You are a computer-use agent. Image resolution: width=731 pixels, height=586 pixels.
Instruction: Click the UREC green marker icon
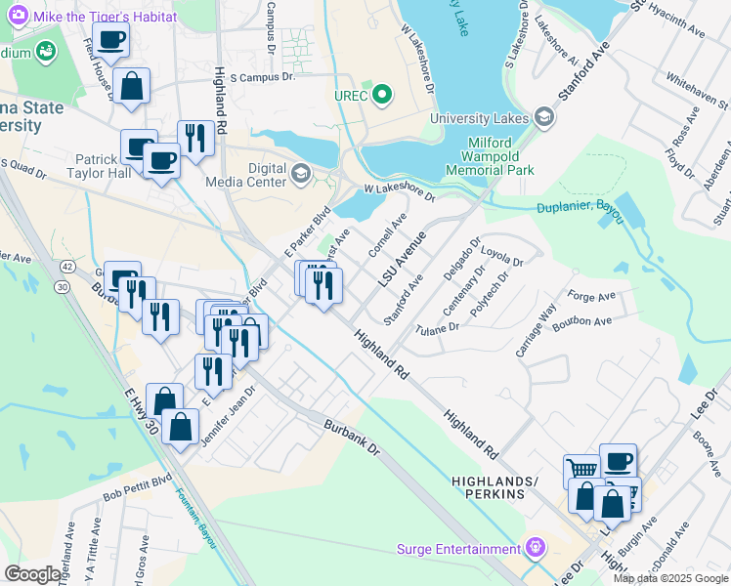[x=382, y=96]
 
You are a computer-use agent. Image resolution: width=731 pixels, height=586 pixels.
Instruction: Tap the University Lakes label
[x=481, y=119]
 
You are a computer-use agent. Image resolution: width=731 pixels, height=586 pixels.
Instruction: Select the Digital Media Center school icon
[x=302, y=176]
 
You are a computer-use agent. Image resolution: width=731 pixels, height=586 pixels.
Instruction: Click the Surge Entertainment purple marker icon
[x=534, y=547]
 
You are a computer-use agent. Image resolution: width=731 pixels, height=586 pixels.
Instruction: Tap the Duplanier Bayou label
[x=580, y=208]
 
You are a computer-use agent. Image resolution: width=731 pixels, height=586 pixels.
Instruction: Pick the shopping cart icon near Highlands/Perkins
[x=582, y=470]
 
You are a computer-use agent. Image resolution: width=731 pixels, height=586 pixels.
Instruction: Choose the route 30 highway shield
[x=62, y=286]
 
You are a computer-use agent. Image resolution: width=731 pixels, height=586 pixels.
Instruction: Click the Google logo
[x=33, y=574]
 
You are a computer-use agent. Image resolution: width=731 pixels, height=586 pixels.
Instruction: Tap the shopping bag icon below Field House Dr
[x=131, y=86]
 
